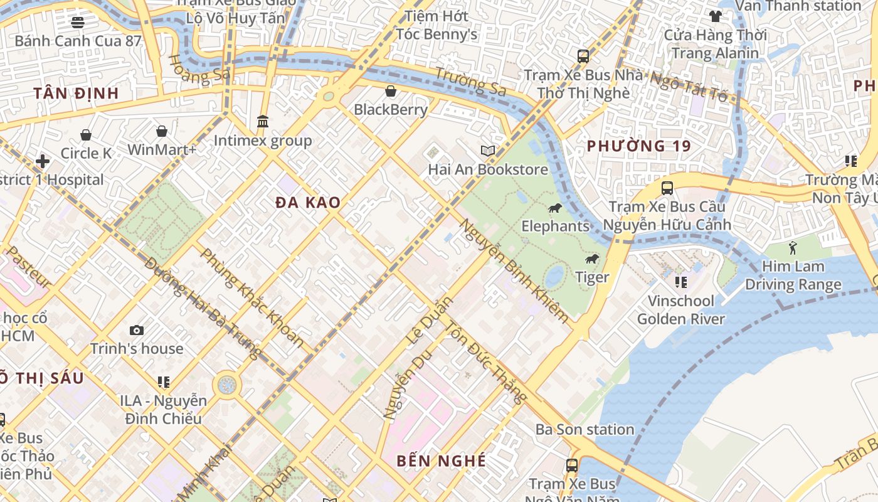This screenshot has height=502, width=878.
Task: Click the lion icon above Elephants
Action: point(554,208)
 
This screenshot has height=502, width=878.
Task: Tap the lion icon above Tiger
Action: point(591,259)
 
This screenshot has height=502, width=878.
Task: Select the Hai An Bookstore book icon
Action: point(488,151)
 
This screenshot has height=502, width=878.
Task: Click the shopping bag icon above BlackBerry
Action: point(391,92)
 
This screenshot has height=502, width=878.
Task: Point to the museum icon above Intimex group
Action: point(263,121)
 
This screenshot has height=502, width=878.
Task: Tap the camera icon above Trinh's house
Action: point(137,331)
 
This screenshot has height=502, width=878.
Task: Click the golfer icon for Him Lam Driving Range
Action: point(793,248)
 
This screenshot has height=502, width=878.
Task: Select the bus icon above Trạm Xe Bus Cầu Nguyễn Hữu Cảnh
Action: point(667,188)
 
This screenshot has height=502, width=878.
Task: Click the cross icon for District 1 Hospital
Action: point(43,161)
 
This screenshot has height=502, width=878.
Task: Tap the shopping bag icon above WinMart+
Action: point(162,131)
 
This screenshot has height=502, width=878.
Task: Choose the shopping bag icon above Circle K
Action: point(86,135)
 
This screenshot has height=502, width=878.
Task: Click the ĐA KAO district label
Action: point(308,203)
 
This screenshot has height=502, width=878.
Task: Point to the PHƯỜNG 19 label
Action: point(638,146)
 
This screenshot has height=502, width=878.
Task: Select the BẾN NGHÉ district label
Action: point(441,461)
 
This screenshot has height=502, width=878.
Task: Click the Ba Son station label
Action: point(584,430)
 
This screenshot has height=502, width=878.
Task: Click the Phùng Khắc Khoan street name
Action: point(252,298)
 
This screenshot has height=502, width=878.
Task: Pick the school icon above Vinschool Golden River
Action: point(680,282)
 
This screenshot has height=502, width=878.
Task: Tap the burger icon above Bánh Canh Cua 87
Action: point(78,23)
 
